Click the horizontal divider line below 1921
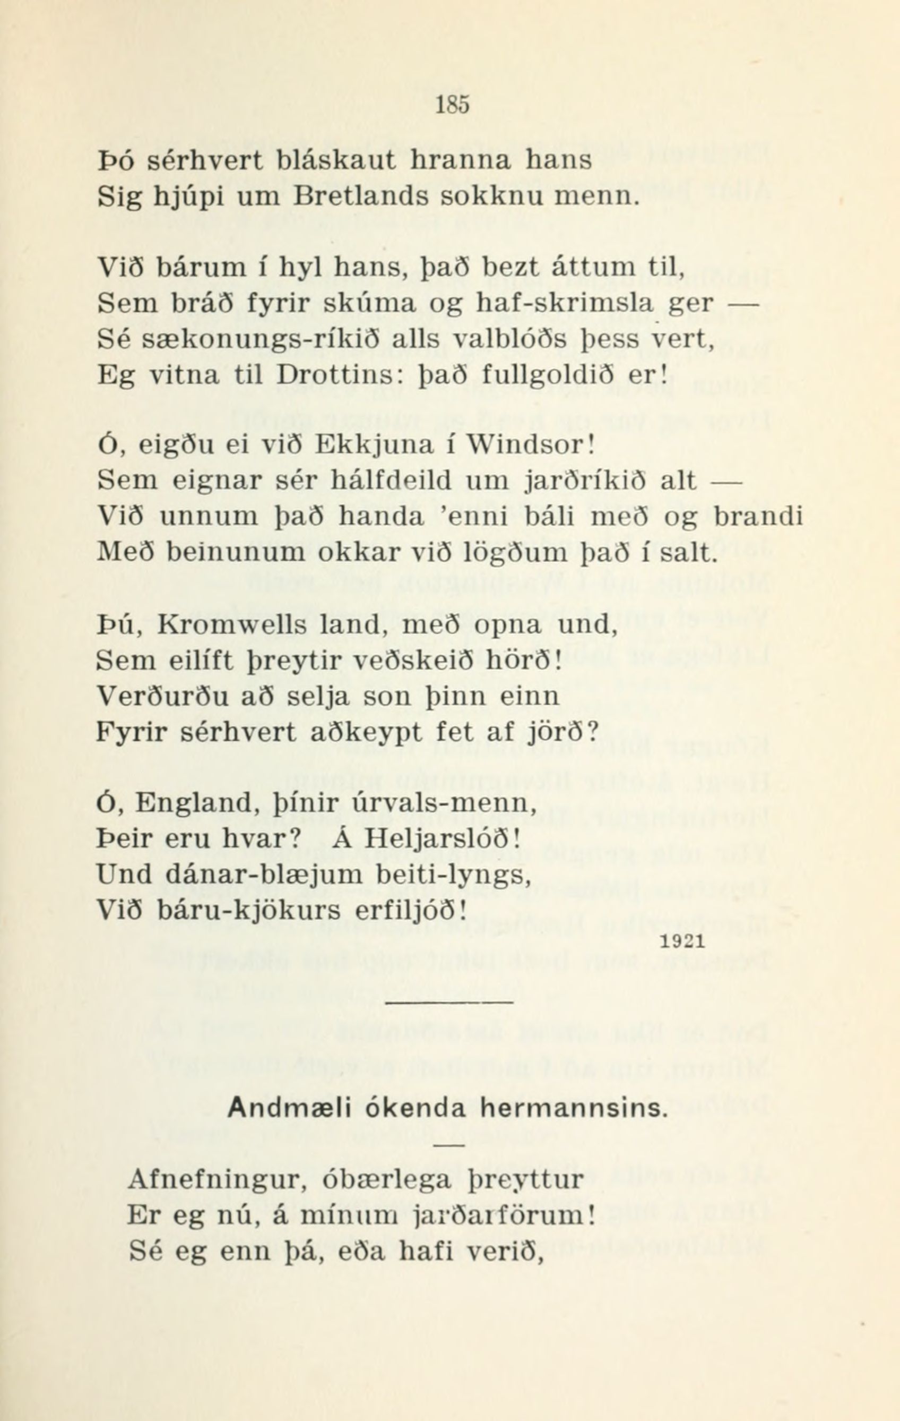449,1003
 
